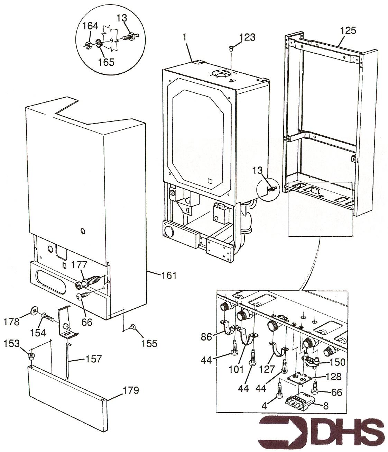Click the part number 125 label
pos(348,30)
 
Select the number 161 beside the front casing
pos(169,275)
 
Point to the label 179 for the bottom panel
pos(131,390)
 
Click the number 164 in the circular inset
pos(90,26)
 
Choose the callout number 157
pos(94,359)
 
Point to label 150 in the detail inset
pos(337,362)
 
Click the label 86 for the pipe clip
pos(206,337)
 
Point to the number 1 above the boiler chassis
pos(185,37)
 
